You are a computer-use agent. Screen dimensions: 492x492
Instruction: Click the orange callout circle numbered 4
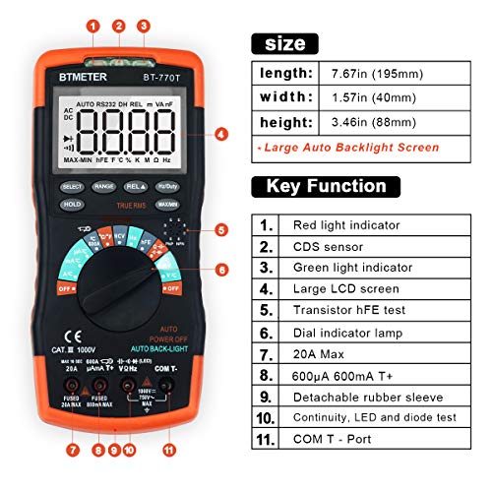[x=220, y=135]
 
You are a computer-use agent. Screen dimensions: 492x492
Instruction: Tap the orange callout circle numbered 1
[x=92, y=27]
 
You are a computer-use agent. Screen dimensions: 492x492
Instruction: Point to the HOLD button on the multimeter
[x=72, y=205]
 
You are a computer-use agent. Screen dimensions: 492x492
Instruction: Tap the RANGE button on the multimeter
[x=104, y=185]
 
